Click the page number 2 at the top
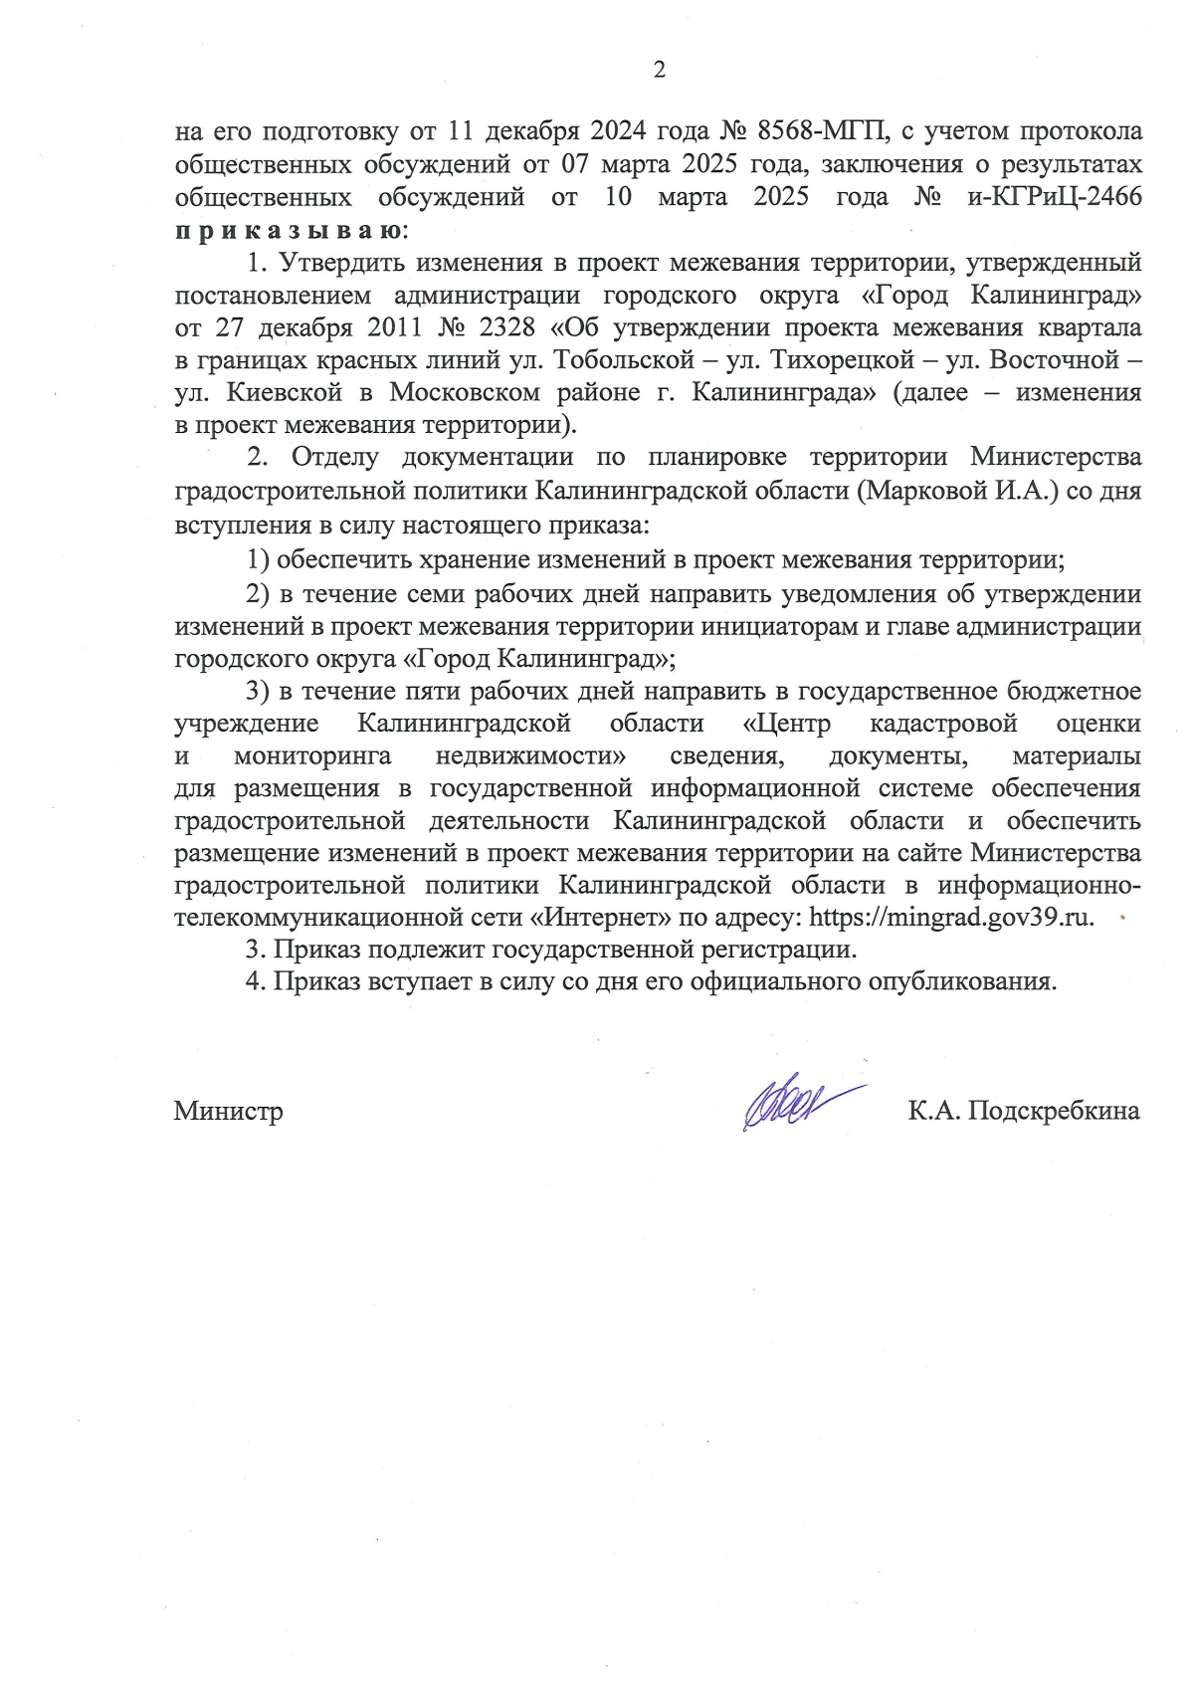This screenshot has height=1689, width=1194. pos(659,70)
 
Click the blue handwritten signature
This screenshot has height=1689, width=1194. pos(796,1104)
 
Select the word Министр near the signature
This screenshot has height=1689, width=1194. pos(229,1111)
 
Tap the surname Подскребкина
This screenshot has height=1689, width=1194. pos(1054,1111)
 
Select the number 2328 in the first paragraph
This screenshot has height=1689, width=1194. pos(507,327)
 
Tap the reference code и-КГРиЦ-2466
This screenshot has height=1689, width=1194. pos(1055,197)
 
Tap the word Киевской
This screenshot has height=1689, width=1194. pos(285,392)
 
